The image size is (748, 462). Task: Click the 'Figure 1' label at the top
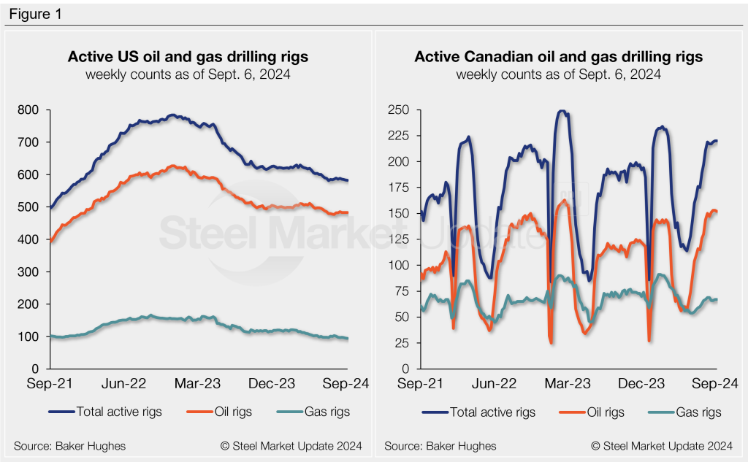34,14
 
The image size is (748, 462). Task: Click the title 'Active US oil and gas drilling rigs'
188,57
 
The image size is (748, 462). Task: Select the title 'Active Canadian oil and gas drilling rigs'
559,57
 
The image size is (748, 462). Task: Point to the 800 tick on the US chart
29,110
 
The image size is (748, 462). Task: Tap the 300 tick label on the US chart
29,272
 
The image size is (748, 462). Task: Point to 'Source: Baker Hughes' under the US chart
69,445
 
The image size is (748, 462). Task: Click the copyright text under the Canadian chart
662,445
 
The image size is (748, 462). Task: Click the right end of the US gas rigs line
348,339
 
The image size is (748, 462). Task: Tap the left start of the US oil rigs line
50,240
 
